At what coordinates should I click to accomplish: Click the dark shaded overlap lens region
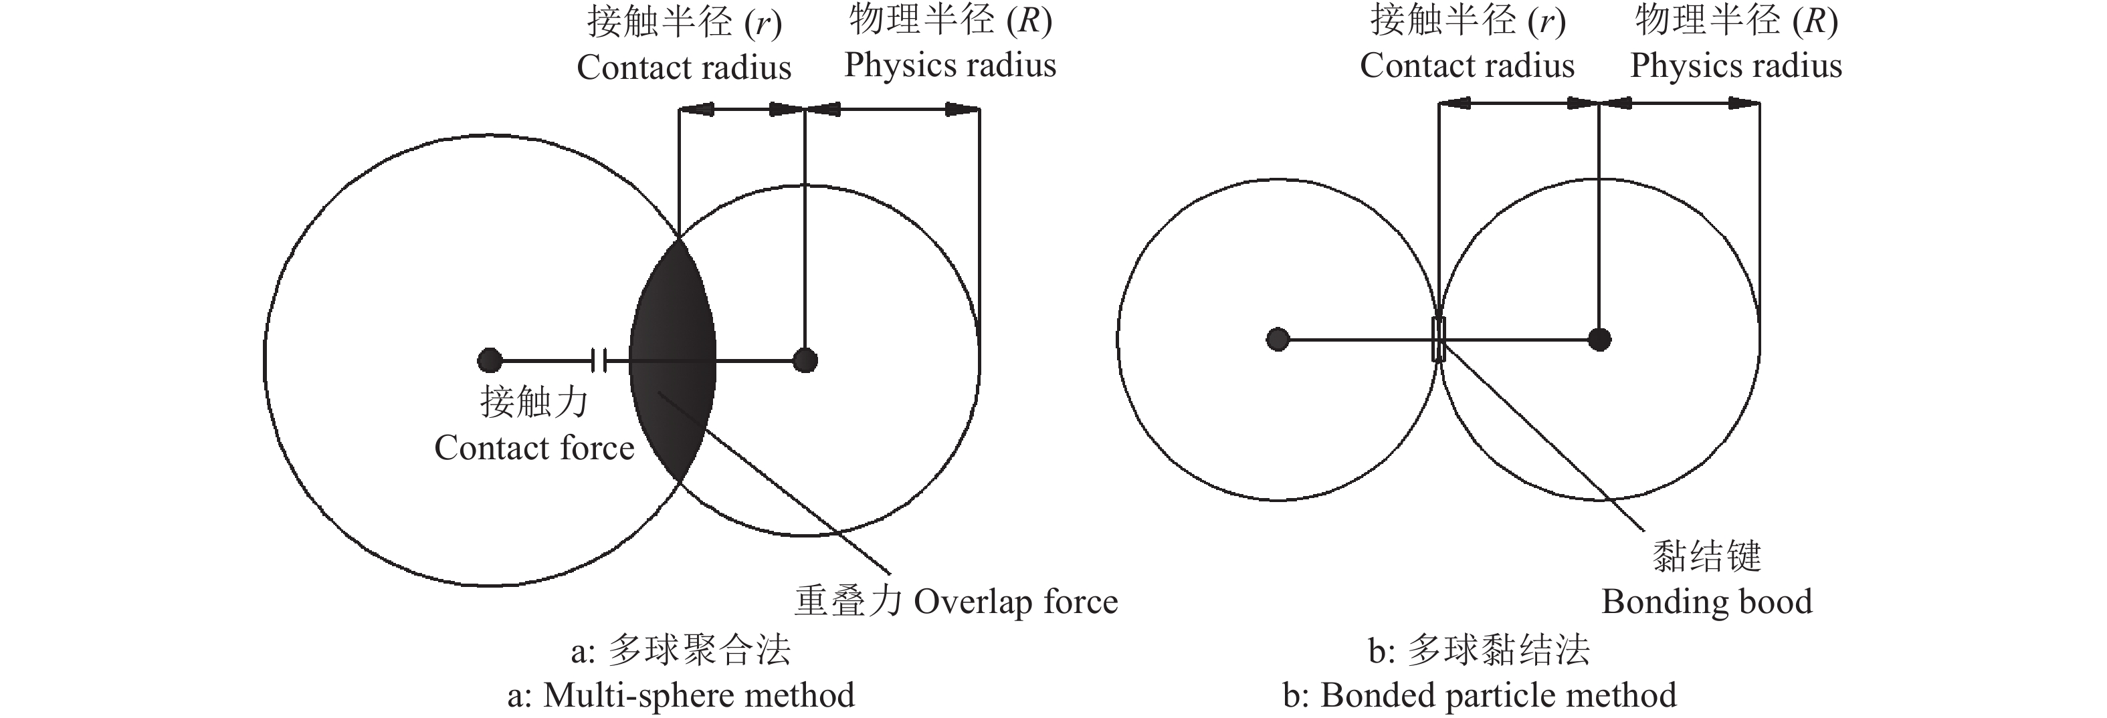pyautogui.click(x=672, y=360)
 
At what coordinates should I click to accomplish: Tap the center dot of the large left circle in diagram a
pyautogui.click(x=489, y=360)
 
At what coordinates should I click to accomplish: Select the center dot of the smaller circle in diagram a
pyautogui.click(x=805, y=360)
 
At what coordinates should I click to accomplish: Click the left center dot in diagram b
pyautogui.click(x=1278, y=340)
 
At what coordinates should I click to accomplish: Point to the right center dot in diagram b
pyautogui.click(x=1599, y=340)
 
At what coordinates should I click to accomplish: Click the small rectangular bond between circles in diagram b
pyautogui.click(x=1439, y=340)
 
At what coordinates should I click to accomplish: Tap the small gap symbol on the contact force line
pyautogui.click(x=599, y=360)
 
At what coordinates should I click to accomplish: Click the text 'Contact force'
pyautogui.click(x=534, y=448)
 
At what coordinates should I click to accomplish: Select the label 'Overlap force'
pyautogui.click(x=1015, y=602)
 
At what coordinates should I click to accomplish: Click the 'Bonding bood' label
pyautogui.click(x=1707, y=602)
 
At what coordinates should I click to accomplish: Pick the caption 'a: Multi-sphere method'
pyautogui.click(x=680, y=696)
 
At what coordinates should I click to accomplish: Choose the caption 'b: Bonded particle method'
pyautogui.click(x=1480, y=696)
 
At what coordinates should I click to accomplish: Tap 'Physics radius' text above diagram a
pyautogui.click(x=950, y=66)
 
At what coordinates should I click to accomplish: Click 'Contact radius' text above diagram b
pyautogui.click(x=1467, y=66)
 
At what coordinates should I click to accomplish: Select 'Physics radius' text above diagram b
pyautogui.click(x=1736, y=66)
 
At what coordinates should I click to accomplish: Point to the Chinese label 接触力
pyautogui.click(x=534, y=402)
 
